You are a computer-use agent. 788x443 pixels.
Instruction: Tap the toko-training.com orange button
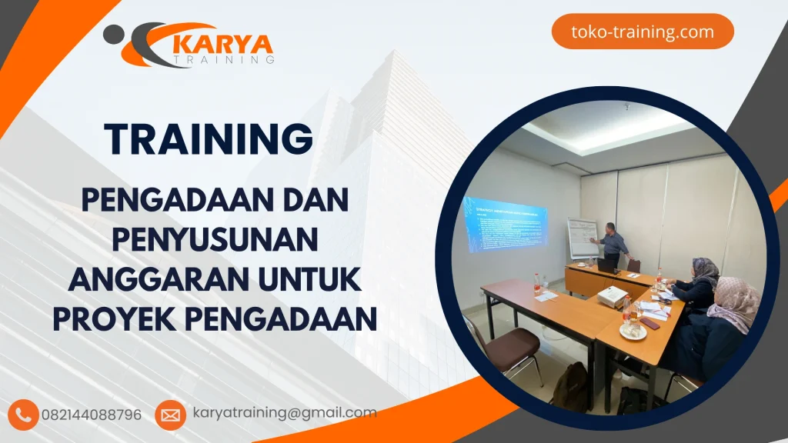pos(643,32)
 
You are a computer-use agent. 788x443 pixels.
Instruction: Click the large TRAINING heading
pos(209,139)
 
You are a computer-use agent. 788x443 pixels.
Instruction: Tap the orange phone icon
pos(24,415)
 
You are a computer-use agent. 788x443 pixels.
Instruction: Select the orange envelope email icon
pos(169,415)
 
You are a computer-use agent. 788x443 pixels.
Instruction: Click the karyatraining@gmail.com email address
pos(285,413)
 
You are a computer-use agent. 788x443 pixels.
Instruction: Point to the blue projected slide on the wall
pos(504,223)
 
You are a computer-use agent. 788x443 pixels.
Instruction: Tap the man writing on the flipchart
pos(613,245)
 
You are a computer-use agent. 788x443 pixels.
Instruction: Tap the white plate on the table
pos(633,332)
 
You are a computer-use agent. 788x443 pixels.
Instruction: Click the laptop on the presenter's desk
pos(608,265)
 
